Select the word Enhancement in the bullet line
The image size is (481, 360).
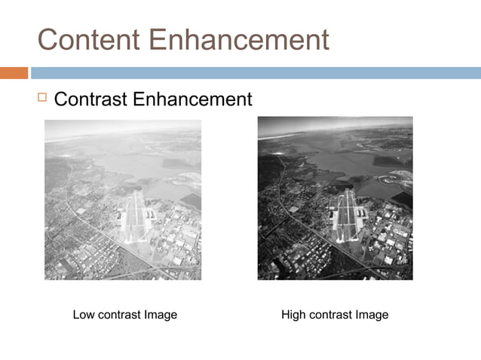(195, 99)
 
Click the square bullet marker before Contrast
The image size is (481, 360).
(41, 98)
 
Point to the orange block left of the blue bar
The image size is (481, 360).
(14, 73)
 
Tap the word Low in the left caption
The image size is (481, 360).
(84, 315)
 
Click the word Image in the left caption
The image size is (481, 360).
(161, 315)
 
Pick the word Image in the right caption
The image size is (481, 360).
(372, 315)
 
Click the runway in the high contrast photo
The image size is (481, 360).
(347, 211)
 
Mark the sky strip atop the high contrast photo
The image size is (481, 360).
(335, 125)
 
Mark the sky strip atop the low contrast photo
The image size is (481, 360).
(122, 127)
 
